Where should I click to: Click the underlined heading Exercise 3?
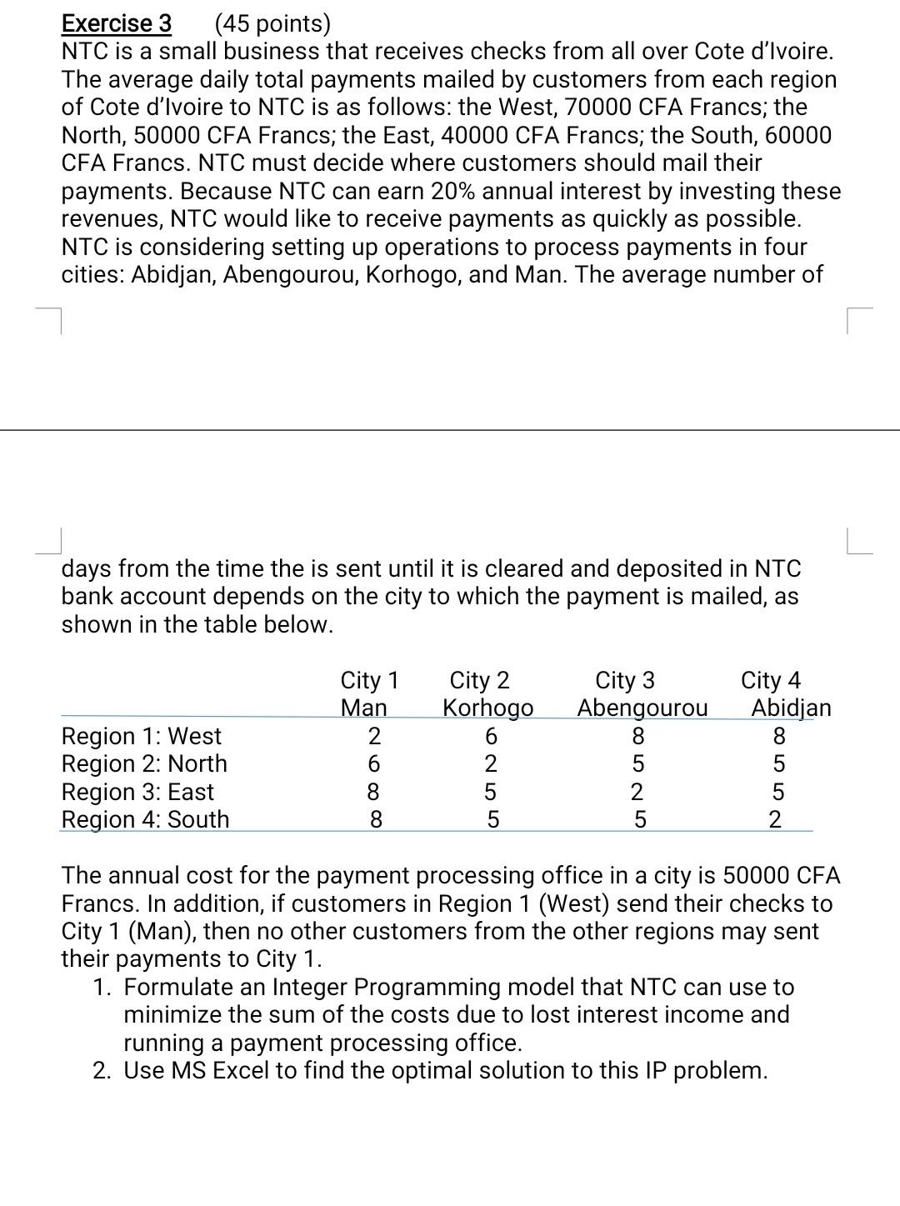[117, 23]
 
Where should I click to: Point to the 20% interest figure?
[452, 191]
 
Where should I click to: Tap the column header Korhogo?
[487, 708]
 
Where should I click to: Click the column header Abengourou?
[642, 708]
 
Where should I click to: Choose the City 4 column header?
[771, 681]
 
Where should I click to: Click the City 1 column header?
[370, 681]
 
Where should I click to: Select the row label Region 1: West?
[142, 736]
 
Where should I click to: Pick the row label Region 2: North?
[144, 763]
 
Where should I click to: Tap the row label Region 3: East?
[137, 792]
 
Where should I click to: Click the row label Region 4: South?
[145, 819]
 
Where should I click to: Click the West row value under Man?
[374, 736]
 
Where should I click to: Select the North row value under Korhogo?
[491, 763]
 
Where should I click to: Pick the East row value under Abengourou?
[637, 792]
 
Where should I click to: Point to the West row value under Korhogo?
[491, 736]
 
